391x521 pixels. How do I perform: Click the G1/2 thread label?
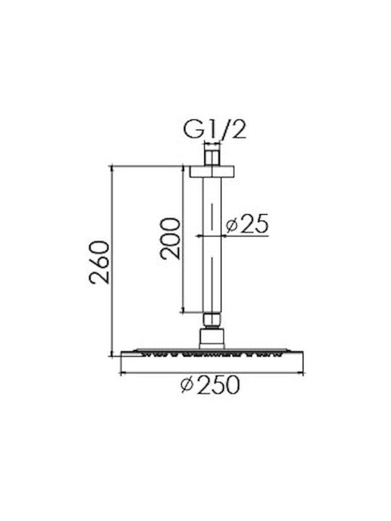215,130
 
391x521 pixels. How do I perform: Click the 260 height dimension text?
99,262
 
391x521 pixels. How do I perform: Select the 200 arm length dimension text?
170,238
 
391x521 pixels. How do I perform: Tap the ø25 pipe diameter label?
247,224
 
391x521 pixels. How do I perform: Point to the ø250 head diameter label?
210,385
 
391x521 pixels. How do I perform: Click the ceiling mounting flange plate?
212,171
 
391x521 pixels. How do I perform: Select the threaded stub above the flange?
212,155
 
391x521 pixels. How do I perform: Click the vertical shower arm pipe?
212,245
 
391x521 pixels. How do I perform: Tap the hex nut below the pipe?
212,319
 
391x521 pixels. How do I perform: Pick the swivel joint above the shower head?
211,339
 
